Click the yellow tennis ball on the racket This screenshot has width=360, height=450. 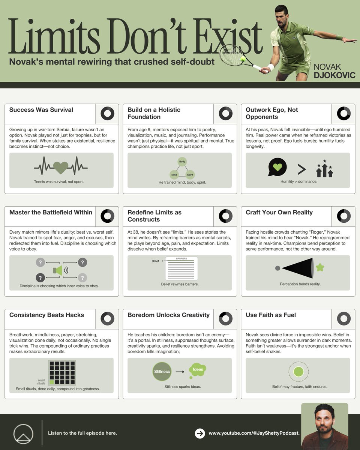(243, 59)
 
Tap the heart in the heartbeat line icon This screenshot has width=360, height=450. (61, 168)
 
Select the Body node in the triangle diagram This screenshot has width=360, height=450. (182, 162)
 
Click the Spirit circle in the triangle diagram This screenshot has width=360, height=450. (190, 175)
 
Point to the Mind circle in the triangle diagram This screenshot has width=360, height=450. (174, 175)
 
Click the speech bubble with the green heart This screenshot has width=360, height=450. (277, 167)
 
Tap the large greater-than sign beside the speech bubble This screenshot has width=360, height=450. (301, 169)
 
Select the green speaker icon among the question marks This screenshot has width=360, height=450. (58, 270)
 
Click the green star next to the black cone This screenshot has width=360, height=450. (320, 267)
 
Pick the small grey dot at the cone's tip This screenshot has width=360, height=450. (277, 268)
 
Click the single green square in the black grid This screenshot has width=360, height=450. (52, 382)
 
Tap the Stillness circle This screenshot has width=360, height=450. (162, 371)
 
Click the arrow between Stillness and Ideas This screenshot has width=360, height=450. (180, 372)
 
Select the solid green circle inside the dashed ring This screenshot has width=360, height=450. (298, 372)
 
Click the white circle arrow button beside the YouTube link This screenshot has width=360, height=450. (200, 433)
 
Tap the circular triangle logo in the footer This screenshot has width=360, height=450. (23, 434)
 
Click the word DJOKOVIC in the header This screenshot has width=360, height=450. (334, 75)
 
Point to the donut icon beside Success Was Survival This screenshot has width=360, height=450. (107, 113)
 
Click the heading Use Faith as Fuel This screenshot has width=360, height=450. (271, 315)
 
